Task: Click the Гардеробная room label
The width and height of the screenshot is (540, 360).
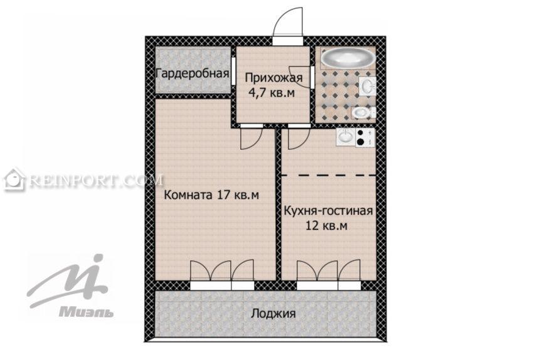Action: (193, 73)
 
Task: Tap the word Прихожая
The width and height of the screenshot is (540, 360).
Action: (274, 78)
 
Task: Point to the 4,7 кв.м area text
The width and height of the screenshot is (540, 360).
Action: (272, 93)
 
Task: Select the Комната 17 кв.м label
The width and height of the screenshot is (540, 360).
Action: (211, 195)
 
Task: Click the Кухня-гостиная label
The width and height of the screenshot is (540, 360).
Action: (328, 211)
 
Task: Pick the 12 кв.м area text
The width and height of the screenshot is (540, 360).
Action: (327, 226)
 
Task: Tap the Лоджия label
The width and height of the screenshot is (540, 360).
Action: (273, 314)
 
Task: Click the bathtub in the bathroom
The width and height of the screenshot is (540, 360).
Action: (347, 58)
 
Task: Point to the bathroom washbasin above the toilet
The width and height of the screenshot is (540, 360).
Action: (367, 86)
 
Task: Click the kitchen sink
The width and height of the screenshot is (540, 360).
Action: (346, 137)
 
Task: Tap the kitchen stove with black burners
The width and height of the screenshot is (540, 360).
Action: (365, 137)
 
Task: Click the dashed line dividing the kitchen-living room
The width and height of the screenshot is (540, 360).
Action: (329, 176)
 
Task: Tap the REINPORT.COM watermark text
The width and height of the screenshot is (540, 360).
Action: (96, 180)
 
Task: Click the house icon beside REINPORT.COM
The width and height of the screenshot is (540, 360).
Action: (14, 179)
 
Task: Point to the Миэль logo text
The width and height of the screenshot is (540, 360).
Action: (86, 312)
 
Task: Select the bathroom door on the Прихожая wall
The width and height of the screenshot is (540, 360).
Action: (312, 77)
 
